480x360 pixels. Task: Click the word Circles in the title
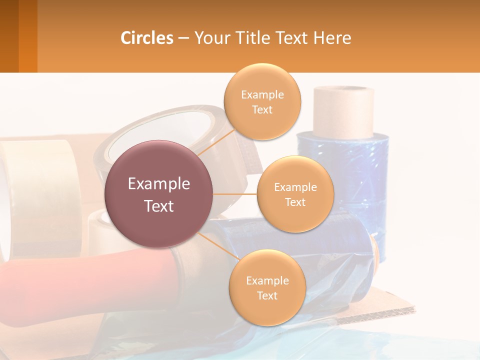click(x=147, y=38)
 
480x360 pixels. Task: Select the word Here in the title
click(x=332, y=38)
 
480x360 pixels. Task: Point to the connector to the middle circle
click(x=235, y=193)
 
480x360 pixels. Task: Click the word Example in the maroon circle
click(x=159, y=184)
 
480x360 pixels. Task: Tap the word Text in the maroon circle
click(x=159, y=206)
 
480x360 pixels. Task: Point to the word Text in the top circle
click(x=262, y=110)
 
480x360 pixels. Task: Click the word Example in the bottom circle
click(x=267, y=281)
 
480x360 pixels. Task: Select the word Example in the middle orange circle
click(x=295, y=187)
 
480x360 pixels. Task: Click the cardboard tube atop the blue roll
click(x=343, y=111)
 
